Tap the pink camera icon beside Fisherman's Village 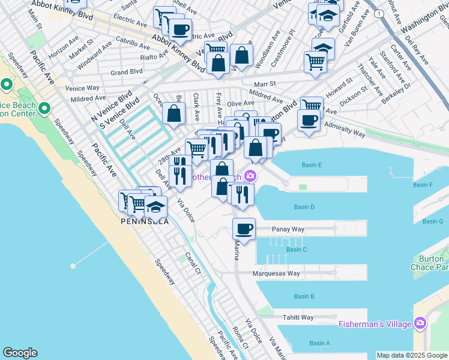click(x=420, y=324)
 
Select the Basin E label click(x=312, y=165)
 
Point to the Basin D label click(x=304, y=207)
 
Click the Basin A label click(x=319, y=343)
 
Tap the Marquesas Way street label click(x=276, y=273)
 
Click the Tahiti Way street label click(x=298, y=317)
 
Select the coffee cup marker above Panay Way click(x=244, y=229)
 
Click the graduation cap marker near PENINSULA click(x=155, y=208)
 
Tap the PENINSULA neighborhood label click(x=144, y=221)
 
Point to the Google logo click(x=20, y=353)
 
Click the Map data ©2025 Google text click(x=412, y=355)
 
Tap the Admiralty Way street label click(x=345, y=128)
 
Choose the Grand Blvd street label click(x=126, y=71)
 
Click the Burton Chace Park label click(x=430, y=263)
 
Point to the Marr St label click(x=264, y=84)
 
